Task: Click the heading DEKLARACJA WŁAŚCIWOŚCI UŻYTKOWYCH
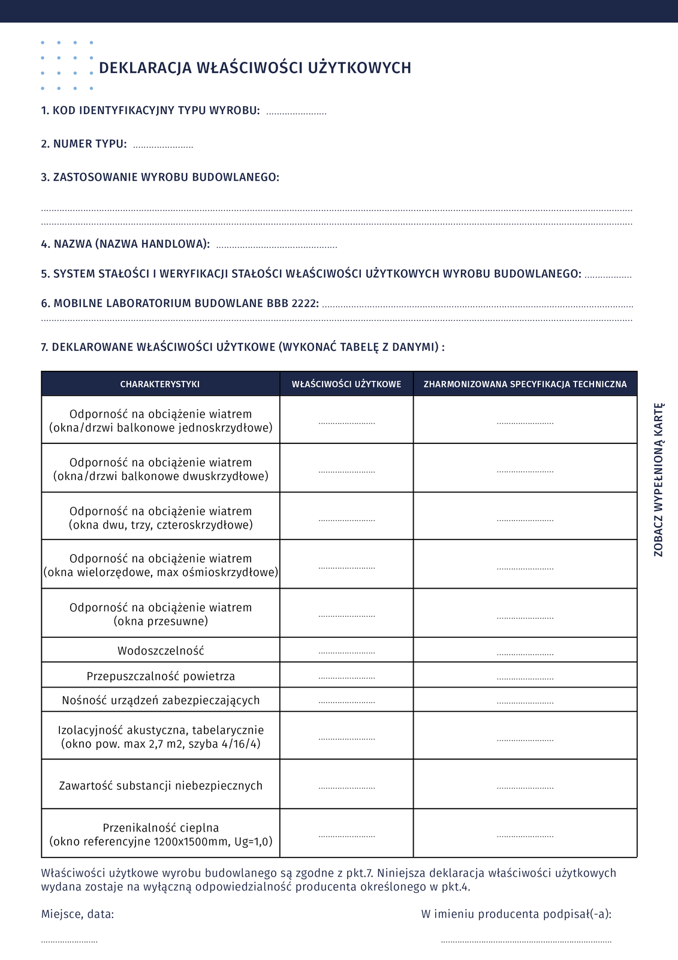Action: [x=255, y=68]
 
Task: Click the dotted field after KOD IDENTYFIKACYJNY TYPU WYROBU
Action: [x=296, y=112]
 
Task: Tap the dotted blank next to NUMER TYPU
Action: [x=163, y=146]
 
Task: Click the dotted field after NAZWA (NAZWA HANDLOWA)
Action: [x=276, y=246]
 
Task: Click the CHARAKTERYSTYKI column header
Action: [x=160, y=384]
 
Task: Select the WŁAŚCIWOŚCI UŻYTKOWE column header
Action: [x=346, y=384]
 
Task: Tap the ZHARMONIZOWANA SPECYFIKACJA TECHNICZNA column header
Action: [x=525, y=384]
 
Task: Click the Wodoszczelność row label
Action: [x=161, y=650]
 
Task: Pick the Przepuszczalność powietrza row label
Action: [x=161, y=676]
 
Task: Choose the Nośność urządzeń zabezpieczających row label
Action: [x=161, y=700]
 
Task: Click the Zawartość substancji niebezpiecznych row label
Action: [x=161, y=785]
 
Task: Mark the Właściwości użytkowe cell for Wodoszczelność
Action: [x=346, y=652]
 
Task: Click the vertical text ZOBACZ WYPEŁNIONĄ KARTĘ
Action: [x=659, y=480]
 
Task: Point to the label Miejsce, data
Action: [x=77, y=914]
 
